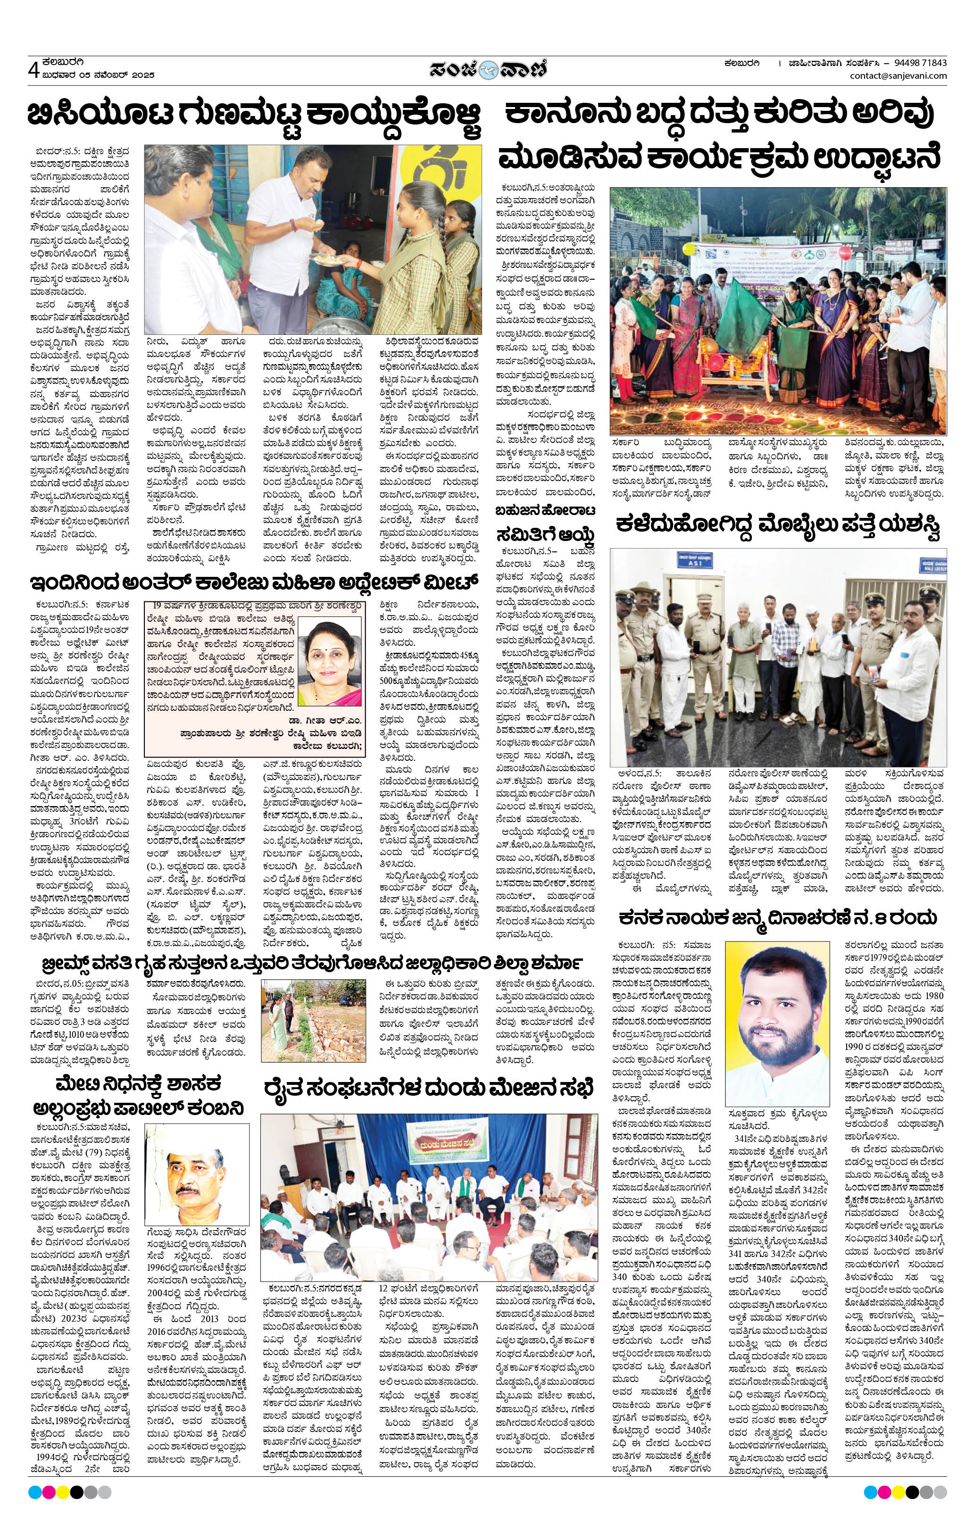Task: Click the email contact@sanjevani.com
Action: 898,76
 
